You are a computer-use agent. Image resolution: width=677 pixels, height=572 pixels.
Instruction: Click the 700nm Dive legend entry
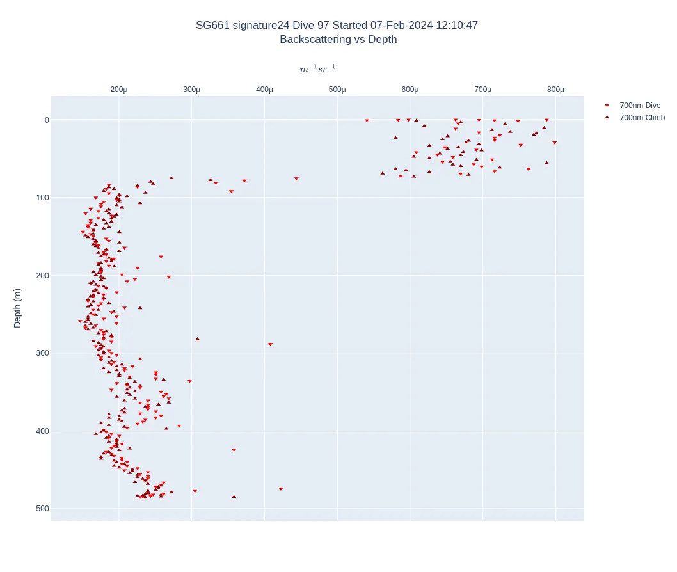coord(639,106)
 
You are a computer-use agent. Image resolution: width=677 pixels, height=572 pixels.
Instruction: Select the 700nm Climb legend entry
coord(642,118)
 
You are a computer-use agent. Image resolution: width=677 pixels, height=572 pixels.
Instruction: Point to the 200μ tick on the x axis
coord(119,90)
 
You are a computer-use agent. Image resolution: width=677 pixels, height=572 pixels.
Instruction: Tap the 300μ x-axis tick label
coord(192,90)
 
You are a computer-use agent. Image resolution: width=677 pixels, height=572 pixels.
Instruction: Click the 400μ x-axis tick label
coord(265,90)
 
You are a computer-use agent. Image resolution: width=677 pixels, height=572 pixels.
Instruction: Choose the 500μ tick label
coord(337,90)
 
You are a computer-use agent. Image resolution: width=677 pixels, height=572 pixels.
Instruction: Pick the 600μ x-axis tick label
coord(410,90)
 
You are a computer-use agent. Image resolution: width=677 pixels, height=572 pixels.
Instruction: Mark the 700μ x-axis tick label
coord(483,90)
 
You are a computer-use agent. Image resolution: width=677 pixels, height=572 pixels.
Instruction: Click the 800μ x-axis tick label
coord(555,90)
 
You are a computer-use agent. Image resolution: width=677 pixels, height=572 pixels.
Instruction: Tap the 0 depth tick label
coord(47,120)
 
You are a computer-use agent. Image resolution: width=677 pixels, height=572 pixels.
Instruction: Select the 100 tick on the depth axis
coord(42,198)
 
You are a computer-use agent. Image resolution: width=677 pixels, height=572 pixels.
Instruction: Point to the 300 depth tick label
coord(42,353)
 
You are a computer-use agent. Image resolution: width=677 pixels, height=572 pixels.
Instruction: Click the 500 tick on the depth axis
coord(42,509)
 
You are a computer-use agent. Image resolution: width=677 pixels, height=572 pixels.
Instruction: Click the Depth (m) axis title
coord(18,308)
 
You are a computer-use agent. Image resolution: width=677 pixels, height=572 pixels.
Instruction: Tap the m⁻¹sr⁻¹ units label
coord(317,69)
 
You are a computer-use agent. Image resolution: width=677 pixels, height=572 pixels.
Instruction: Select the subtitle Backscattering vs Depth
coord(338,40)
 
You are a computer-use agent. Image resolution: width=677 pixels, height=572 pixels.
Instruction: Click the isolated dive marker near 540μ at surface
coord(367,120)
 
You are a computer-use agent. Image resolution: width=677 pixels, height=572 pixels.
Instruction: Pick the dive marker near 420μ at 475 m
coord(280,489)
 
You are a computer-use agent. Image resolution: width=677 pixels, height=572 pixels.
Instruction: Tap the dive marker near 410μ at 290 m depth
coord(270,344)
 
